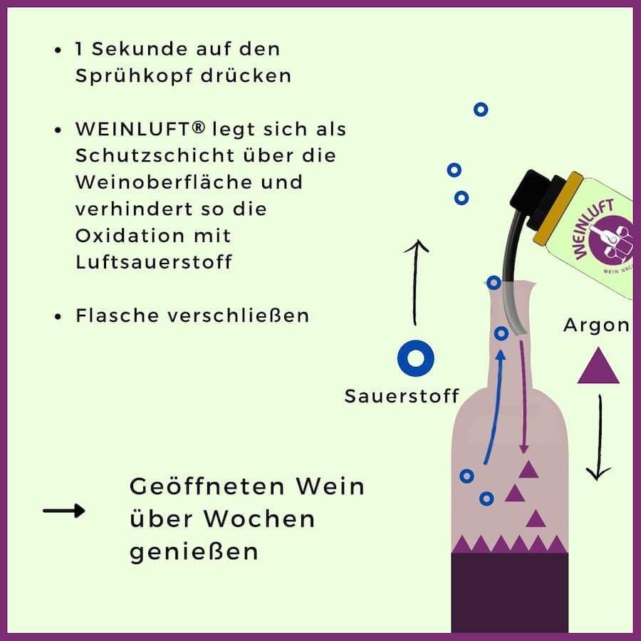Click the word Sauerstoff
coord(402,396)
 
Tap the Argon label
coord(596,325)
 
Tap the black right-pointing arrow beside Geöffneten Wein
coord(64,511)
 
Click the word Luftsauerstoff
coord(154,261)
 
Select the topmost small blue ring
coord(481,109)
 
